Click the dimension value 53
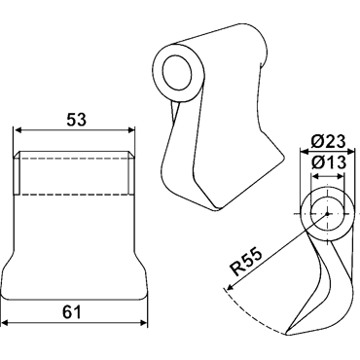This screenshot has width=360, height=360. (77, 120)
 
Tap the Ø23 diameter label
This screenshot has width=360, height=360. (328, 141)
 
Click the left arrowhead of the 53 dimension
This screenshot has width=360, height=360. (17, 130)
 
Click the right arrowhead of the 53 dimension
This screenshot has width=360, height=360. (131, 130)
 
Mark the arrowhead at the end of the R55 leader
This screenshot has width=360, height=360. (230, 287)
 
